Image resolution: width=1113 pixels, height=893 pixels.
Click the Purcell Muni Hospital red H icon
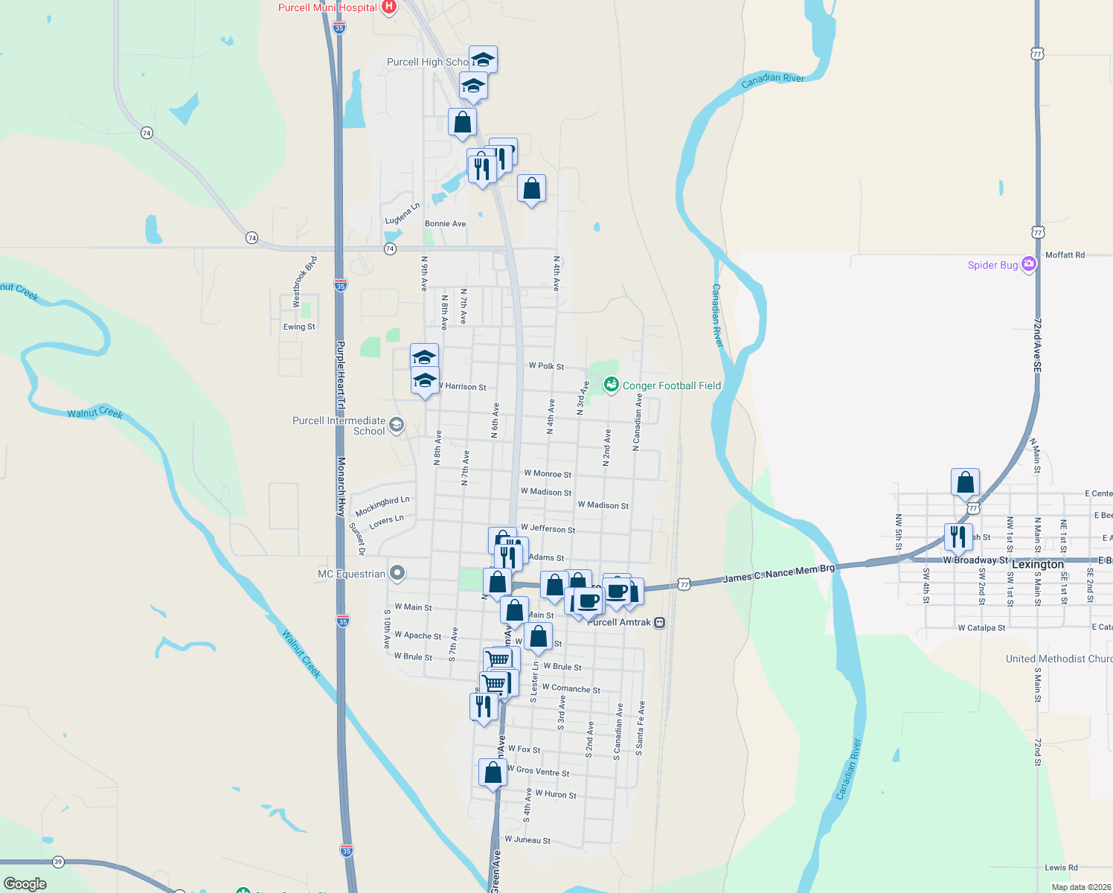tap(388, 7)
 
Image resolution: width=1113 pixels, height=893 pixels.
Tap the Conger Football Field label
tap(671, 385)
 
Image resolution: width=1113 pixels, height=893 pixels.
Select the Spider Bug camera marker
tap(1029, 264)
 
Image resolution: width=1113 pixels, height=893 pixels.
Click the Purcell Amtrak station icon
tap(659, 623)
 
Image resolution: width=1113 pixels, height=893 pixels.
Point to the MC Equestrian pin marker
tap(397, 573)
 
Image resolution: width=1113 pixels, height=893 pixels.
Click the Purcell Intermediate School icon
tap(397, 425)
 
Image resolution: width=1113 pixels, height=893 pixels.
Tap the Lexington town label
tap(1037, 564)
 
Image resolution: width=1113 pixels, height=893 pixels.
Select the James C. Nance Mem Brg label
tap(779, 573)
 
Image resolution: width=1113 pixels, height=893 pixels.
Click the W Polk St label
tap(546, 366)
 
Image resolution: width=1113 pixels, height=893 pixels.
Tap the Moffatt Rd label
tap(1065, 255)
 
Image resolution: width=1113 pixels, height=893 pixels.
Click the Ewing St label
tap(299, 327)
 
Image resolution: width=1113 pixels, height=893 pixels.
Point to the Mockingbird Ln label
tap(382, 507)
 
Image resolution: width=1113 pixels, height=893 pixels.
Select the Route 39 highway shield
tap(58, 862)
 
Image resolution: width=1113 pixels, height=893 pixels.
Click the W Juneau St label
tap(527, 840)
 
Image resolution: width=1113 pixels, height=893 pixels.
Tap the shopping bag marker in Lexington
tap(965, 482)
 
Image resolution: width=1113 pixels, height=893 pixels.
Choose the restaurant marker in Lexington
tap(958, 537)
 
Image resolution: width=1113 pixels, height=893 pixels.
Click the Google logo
tap(25, 883)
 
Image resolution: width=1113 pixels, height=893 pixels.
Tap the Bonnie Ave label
tap(445, 224)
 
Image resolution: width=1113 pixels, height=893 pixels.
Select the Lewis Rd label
tap(1061, 868)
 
